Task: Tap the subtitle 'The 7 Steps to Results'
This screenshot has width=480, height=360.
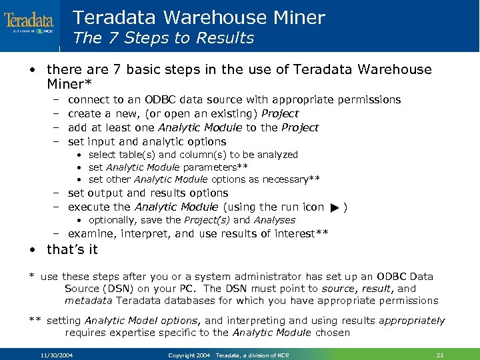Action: tap(163, 38)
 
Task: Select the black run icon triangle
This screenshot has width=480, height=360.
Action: tap(334, 208)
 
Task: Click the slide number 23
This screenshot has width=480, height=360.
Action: tap(439, 355)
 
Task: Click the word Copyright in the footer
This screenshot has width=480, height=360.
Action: tap(181, 355)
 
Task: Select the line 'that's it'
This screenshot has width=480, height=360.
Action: tap(72, 249)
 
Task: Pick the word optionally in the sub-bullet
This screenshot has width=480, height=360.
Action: tap(111, 220)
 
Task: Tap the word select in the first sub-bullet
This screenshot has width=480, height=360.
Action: tap(101, 155)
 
